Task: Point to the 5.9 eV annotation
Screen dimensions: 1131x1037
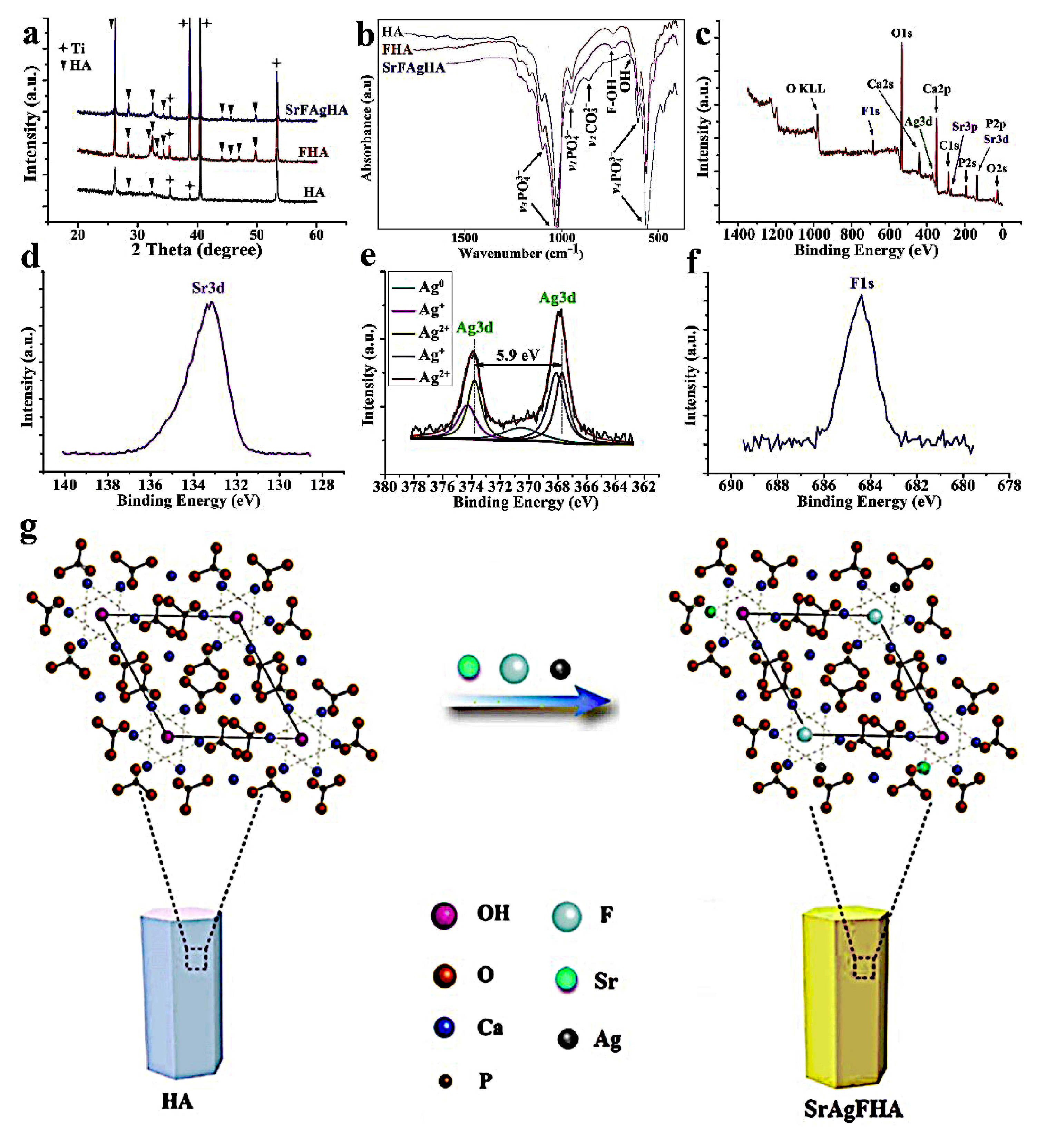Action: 517,355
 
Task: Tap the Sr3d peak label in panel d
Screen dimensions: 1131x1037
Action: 208,288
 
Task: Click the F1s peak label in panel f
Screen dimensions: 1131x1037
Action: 861,283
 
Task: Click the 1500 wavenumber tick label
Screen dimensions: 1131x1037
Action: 464,238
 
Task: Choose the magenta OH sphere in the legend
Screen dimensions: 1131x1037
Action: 444,916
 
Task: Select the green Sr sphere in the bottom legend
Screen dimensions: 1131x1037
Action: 566,979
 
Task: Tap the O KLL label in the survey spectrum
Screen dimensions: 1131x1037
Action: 805,89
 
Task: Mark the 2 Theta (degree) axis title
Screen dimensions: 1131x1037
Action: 197,249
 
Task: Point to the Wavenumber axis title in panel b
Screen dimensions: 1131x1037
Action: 521,253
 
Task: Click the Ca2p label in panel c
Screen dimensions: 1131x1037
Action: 937,89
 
